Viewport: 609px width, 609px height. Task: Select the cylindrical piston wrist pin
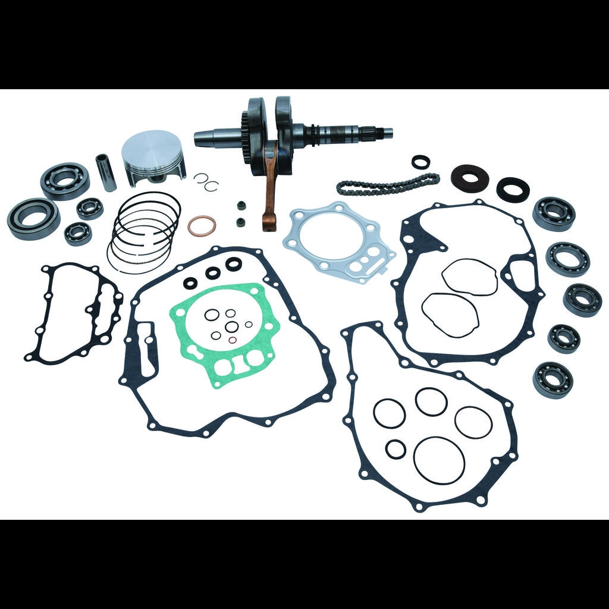(x=106, y=172)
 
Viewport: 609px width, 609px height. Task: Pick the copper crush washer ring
(x=202, y=225)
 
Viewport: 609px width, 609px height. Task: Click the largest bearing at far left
(x=33, y=218)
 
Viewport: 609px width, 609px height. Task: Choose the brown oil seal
(x=469, y=178)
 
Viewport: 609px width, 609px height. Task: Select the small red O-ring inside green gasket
(x=233, y=340)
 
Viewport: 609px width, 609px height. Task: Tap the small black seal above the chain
(x=420, y=161)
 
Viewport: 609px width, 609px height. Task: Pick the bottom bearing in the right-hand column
(x=553, y=379)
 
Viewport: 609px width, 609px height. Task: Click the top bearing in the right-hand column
(x=553, y=213)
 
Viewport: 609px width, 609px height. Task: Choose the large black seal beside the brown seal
(x=513, y=189)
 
